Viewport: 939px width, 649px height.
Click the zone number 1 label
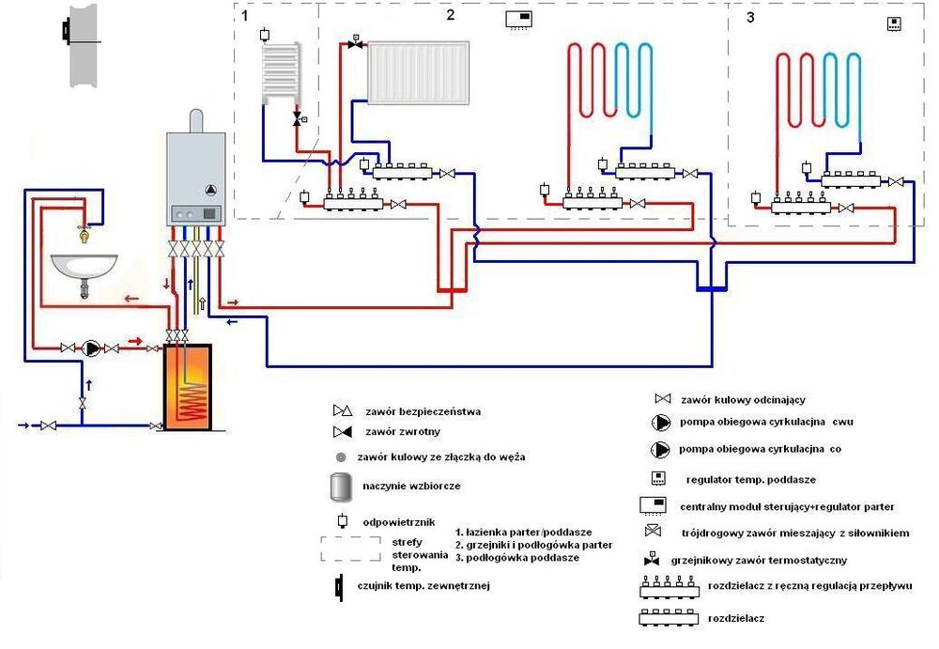click(x=245, y=16)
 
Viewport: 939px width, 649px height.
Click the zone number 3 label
click(x=749, y=17)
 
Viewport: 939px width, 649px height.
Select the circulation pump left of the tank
click(x=90, y=348)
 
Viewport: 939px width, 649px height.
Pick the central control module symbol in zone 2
click(x=519, y=20)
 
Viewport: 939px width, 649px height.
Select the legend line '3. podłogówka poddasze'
click(x=516, y=557)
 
